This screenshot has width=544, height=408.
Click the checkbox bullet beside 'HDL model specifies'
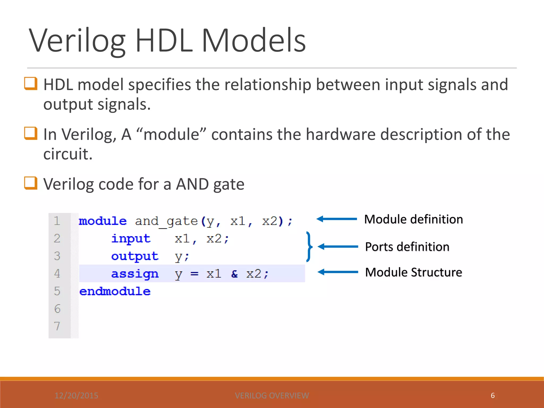pyautogui.click(x=31, y=84)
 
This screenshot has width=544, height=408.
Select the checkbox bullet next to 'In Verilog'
pyautogui.click(x=31, y=133)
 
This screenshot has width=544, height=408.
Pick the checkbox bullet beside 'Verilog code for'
pyautogui.click(x=31, y=183)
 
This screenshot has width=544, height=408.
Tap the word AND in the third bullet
pyautogui.click(x=192, y=184)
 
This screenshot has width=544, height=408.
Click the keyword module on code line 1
pyautogui.click(x=103, y=221)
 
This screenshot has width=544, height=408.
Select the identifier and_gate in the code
pyautogui.click(x=166, y=221)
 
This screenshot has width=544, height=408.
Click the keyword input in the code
pyautogui.click(x=131, y=239)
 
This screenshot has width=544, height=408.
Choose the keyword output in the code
pyautogui.click(x=135, y=256)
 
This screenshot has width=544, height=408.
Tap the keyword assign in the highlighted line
pyautogui.click(x=135, y=274)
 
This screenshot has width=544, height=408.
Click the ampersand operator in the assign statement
pyautogui.click(x=234, y=274)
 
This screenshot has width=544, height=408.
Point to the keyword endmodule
pyautogui.click(x=115, y=291)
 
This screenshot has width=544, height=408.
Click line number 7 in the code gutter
pyautogui.click(x=57, y=326)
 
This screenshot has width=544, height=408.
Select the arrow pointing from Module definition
pyautogui.click(x=337, y=219)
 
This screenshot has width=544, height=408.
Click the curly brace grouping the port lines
pyautogui.click(x=309, y=247)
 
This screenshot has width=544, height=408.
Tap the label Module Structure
pyautogui.click(x=413, y=272)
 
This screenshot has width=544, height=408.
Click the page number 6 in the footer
pyautogui.click(x=492, y=396)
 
